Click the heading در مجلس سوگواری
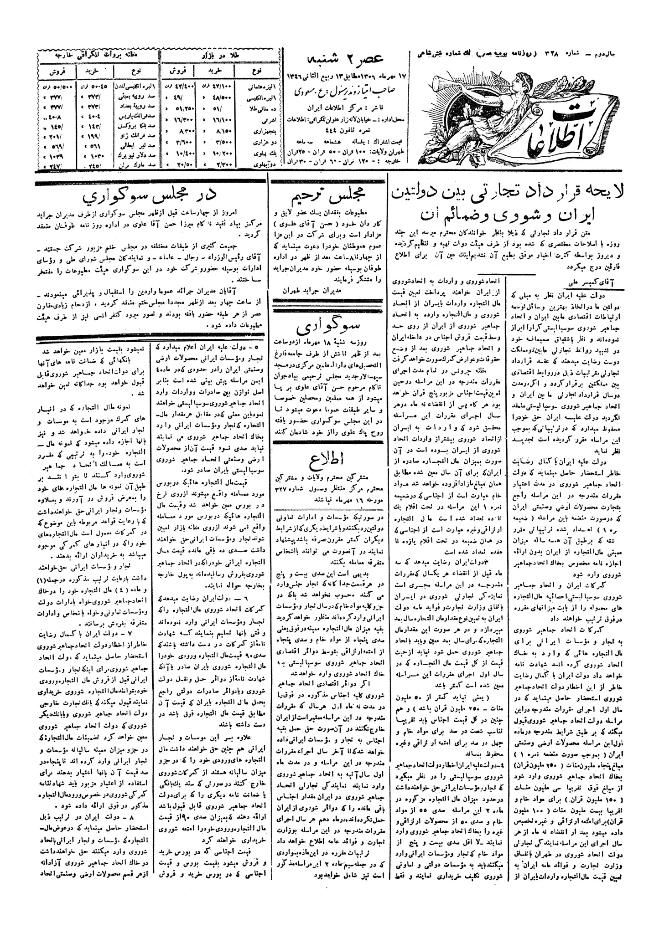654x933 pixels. [x=151, y=196]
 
